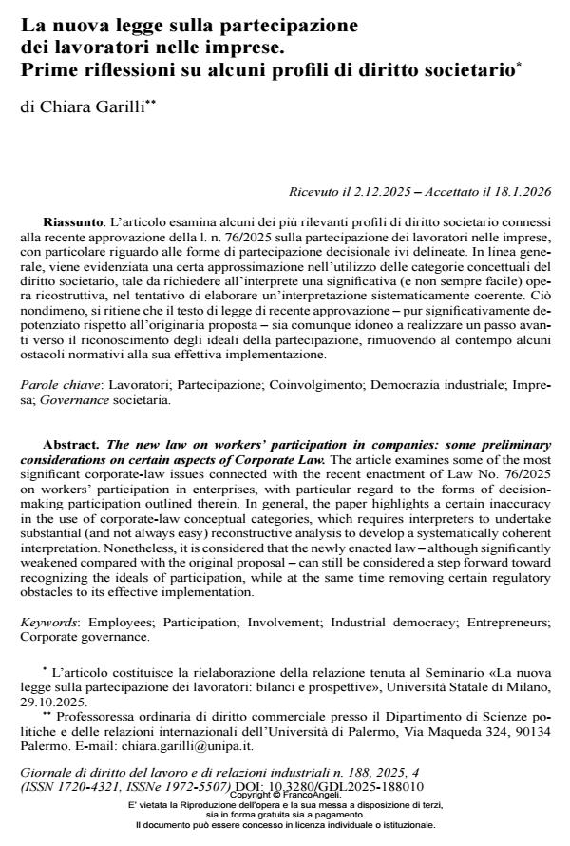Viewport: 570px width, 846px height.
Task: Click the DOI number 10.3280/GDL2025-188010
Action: (347, 788)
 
